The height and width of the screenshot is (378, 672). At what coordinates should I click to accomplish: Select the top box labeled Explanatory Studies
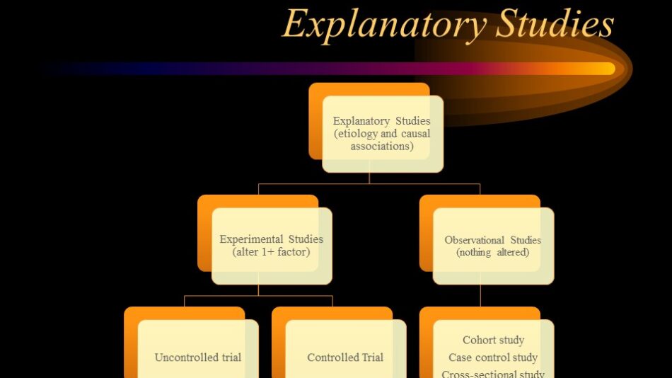[x=382, y=134]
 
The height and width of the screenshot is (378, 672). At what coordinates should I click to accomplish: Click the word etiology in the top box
[x=355, y=134]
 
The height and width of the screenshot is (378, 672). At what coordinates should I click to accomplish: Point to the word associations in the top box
[x=382, y=147]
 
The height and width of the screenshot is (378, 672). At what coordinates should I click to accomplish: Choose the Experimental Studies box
[x=272, y=246]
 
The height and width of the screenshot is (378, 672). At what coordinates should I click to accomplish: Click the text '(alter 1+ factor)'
[x=272, y=252]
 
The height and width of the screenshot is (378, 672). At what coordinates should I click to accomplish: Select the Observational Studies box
[x=493, y=246]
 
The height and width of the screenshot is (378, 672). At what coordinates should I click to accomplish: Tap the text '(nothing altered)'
[x=493, y=252]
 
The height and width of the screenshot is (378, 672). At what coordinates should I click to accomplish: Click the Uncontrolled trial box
[x=198, y=349]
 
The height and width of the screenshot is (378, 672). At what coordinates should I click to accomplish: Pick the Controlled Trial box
[x=345, y=349]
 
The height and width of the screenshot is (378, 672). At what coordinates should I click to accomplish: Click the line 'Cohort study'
[x=493, y=340]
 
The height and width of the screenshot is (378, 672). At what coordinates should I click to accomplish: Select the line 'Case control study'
[x=493, y=357]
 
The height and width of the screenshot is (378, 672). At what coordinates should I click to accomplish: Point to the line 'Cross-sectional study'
[x=493, y=374]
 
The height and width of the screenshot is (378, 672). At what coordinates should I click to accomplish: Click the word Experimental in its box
[x=251, y=239]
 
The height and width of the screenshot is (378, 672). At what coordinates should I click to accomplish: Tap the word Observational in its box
[x=475, y=240]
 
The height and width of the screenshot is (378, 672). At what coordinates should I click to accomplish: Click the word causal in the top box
[x=416, y=134]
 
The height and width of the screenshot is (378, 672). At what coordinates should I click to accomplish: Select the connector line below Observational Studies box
[x=480, y=296]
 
